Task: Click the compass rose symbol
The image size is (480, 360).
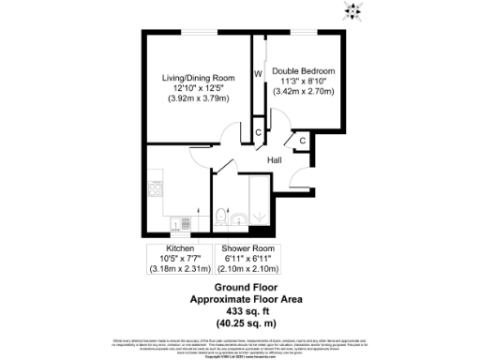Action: (355, 11)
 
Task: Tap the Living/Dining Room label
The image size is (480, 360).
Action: (197, 76)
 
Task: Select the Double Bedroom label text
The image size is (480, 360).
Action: (304, 70)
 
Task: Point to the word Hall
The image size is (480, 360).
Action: (275, 161)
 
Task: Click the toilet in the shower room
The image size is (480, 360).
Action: (220, 217)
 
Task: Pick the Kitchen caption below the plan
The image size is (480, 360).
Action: (180, 248)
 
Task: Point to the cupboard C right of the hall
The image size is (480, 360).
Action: (302, 141)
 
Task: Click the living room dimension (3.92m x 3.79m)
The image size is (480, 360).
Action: (197, 97)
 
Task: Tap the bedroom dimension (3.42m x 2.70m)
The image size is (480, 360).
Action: (304, 92)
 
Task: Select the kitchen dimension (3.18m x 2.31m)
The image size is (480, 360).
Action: (180, 269)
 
